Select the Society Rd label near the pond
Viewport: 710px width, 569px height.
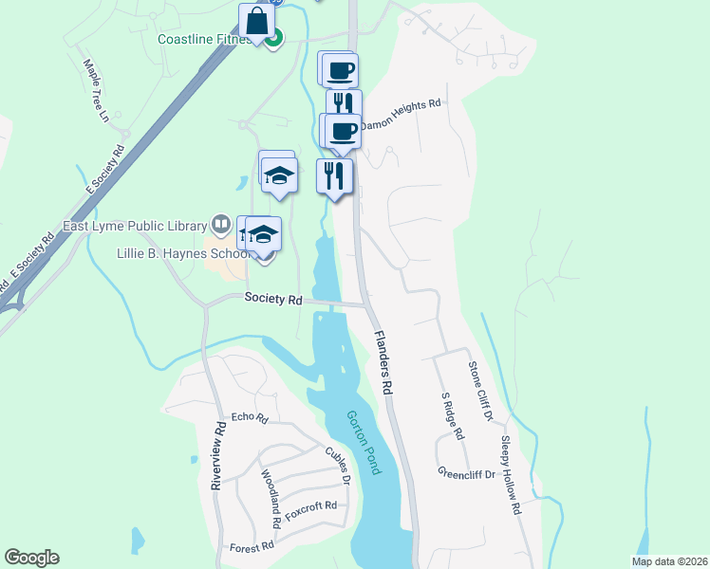pyautogui.click(x=272, y=299)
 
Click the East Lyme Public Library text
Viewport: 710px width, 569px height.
pyautogui.click(x=134, y=226)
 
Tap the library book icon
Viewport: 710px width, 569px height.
pyautogui.click(x=221, y=225)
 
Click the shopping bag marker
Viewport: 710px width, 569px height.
pyautogui.click(x=256, y=20)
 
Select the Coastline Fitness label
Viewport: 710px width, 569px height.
pyautogui.click(x=205, y=40)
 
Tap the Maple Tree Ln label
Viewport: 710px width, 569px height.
pyautogui.click(x=97, y=93)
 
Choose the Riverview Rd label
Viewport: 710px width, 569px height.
pyautogui.click(x=218, y=456)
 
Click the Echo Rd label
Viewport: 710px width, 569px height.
pyautogui.click(x=250, y=417)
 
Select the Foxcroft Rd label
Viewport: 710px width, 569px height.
pyautogui.click(x=311, y=505)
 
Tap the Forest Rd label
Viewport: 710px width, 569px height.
pyautogui.click(x=252, y=546)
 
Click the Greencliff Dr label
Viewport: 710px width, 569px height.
pyautogui.click(x=467, y=471)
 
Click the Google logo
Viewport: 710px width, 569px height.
pyautogui.click(x=31, y=558)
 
